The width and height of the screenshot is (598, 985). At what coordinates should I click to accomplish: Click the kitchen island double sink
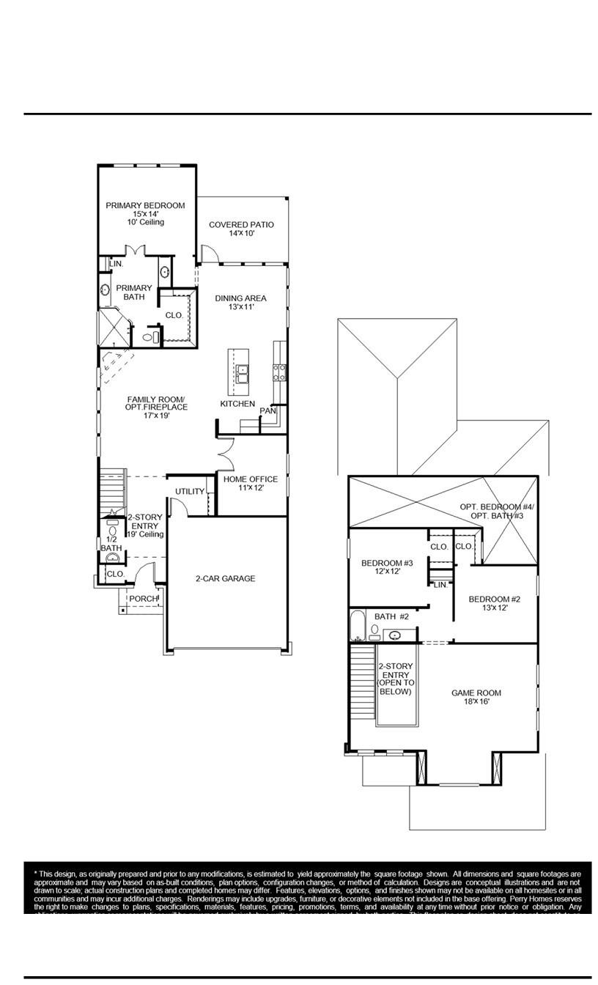click(x=241, y=375)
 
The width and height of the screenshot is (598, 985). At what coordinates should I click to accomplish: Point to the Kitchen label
click(x=237, y=404)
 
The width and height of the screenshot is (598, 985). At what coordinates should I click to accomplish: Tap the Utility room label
click(x=190, y=492)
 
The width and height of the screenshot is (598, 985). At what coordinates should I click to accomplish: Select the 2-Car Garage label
click(x=225, y=579)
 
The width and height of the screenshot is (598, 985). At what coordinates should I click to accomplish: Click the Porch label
click(x=143, y=599)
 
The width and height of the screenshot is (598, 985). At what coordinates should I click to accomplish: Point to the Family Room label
click(x=156, y=403)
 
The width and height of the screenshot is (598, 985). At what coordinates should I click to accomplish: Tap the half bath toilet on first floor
click(x=112, y=531)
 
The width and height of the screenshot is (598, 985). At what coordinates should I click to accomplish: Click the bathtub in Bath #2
click(x=358, y=626)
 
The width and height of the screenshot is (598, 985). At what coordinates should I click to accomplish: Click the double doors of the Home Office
click(x=226, y=454)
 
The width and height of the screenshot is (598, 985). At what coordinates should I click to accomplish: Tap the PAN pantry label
click(x=267, y=411)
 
